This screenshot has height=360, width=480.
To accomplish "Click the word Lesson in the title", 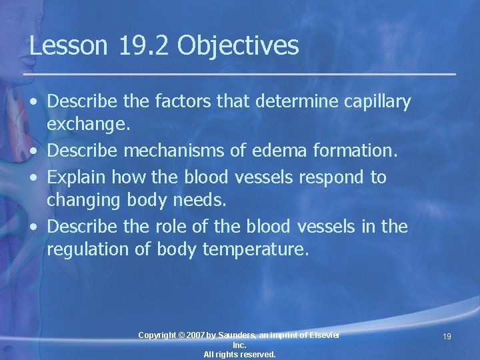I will click(x=68, y=46).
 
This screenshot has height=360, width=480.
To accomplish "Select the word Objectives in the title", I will click(x=238, y=47).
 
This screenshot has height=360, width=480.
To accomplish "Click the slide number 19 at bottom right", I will click(x=447, y=337).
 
